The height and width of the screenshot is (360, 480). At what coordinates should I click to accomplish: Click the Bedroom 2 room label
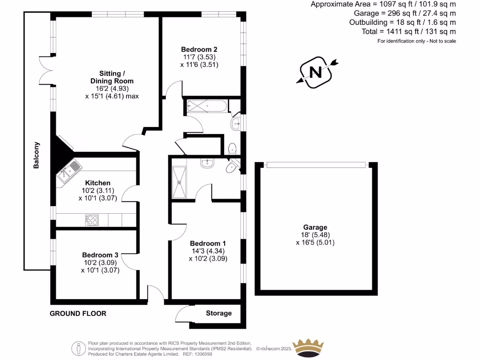click(x=199, y=49)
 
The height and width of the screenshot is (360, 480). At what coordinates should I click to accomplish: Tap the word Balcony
click(x=36, y=155)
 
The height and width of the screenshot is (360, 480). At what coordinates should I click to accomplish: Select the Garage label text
click(x=315, y=227)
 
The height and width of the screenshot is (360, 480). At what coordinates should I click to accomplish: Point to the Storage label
click(x=218, y=313)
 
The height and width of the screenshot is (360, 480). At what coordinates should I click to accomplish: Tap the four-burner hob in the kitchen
click(x=92, y=220)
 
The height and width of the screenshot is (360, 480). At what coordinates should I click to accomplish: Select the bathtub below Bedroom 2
click(x=207, y=106)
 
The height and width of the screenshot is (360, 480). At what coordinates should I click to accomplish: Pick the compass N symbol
click(x=316, y=72)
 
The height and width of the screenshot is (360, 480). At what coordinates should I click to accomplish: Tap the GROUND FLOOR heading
click(x=78, y=313)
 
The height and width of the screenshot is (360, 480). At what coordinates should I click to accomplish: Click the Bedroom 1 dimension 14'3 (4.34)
click(x=208, y=251)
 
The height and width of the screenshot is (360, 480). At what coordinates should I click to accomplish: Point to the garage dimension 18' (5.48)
click(x=315, y=235)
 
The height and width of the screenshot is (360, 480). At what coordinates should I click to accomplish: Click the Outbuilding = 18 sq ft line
click(x=402, y=22)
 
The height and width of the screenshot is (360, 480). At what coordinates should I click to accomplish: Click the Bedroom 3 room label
click(x=100, y=255)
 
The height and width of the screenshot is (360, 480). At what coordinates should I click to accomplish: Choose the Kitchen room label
click(x=97, y=182)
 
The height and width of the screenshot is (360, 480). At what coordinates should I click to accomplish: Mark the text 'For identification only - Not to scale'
click(x=416, y=41)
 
